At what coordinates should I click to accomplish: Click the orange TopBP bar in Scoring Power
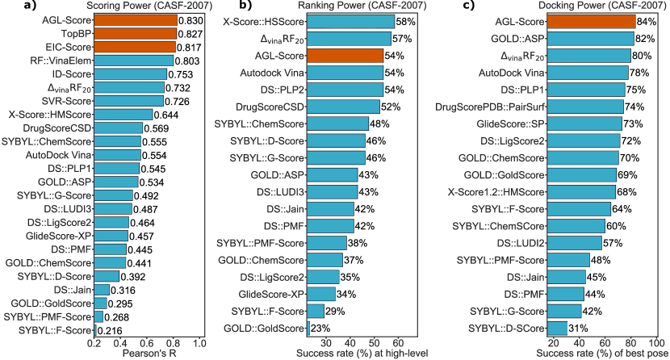coord(136,35)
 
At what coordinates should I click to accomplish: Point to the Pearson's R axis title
coord(150,353)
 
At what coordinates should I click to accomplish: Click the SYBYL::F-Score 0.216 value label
coord(112,331)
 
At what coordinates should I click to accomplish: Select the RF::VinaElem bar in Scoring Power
coord(134,60)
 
